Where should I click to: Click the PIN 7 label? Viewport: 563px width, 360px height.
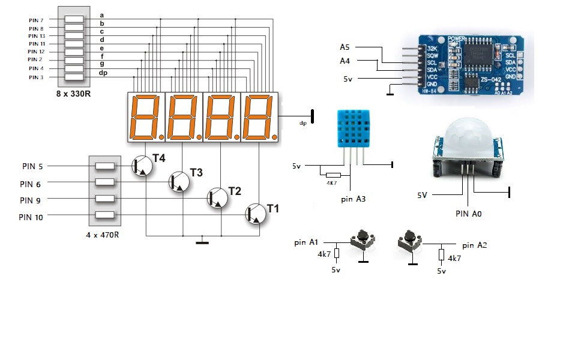point(36,20)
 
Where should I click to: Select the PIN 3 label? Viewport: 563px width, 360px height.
point(36,77)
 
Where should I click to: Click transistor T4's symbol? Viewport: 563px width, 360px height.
point(142,166)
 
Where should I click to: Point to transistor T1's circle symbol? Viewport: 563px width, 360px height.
point(257,214)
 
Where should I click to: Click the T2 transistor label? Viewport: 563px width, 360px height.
point(235,191)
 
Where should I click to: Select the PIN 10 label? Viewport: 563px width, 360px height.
point(31,217)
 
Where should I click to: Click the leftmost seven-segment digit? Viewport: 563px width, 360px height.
point(146,118)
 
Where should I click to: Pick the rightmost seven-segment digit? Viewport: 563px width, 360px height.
point(260,118)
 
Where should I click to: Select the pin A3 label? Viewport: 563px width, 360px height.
point(353,199)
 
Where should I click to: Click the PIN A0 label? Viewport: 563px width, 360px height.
point(469,213)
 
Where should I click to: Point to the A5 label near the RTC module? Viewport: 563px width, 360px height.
point(345,47)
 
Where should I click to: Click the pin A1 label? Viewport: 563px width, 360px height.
point(306,242)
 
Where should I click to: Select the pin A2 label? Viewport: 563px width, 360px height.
point(475,245)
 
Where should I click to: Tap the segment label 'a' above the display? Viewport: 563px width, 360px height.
point(102,14)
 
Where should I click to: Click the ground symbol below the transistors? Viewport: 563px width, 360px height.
point(203,242)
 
